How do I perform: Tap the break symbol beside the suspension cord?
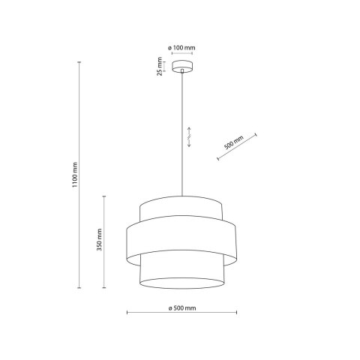tap(188, 137)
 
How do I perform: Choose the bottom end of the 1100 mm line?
tap(81, 286)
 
